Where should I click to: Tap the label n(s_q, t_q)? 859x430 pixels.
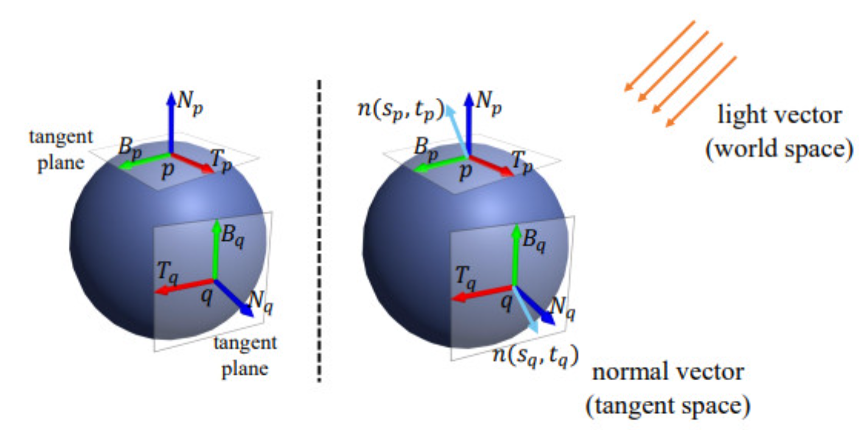(x=534, y=353)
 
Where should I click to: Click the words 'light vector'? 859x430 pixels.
(x=781, y=115)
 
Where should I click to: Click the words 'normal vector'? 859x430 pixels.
(x=667, y=372)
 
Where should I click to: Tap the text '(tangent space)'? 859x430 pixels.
(x=667, y=406)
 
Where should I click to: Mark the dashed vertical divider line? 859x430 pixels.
(x=319, y=231)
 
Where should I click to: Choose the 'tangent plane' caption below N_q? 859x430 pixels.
(x=245, y=355)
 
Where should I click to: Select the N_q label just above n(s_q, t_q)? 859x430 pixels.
(x=562, y=307)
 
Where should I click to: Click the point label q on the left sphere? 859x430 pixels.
(x=207, y=299)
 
